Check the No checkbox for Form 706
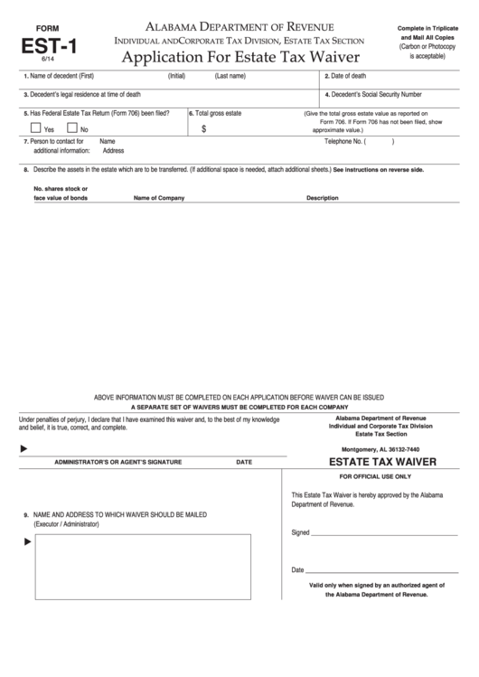pyautogui.click(x=72, y=128)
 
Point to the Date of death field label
pyautogui.click(x=348, y=76)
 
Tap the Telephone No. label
pyautogui.click(x=344, y=142)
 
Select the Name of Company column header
pyautogui.click(x=159, y=197)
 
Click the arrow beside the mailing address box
pyautogui.click(x=27, y=541)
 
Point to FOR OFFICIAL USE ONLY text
pyautogui.click(x=374, y=475)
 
